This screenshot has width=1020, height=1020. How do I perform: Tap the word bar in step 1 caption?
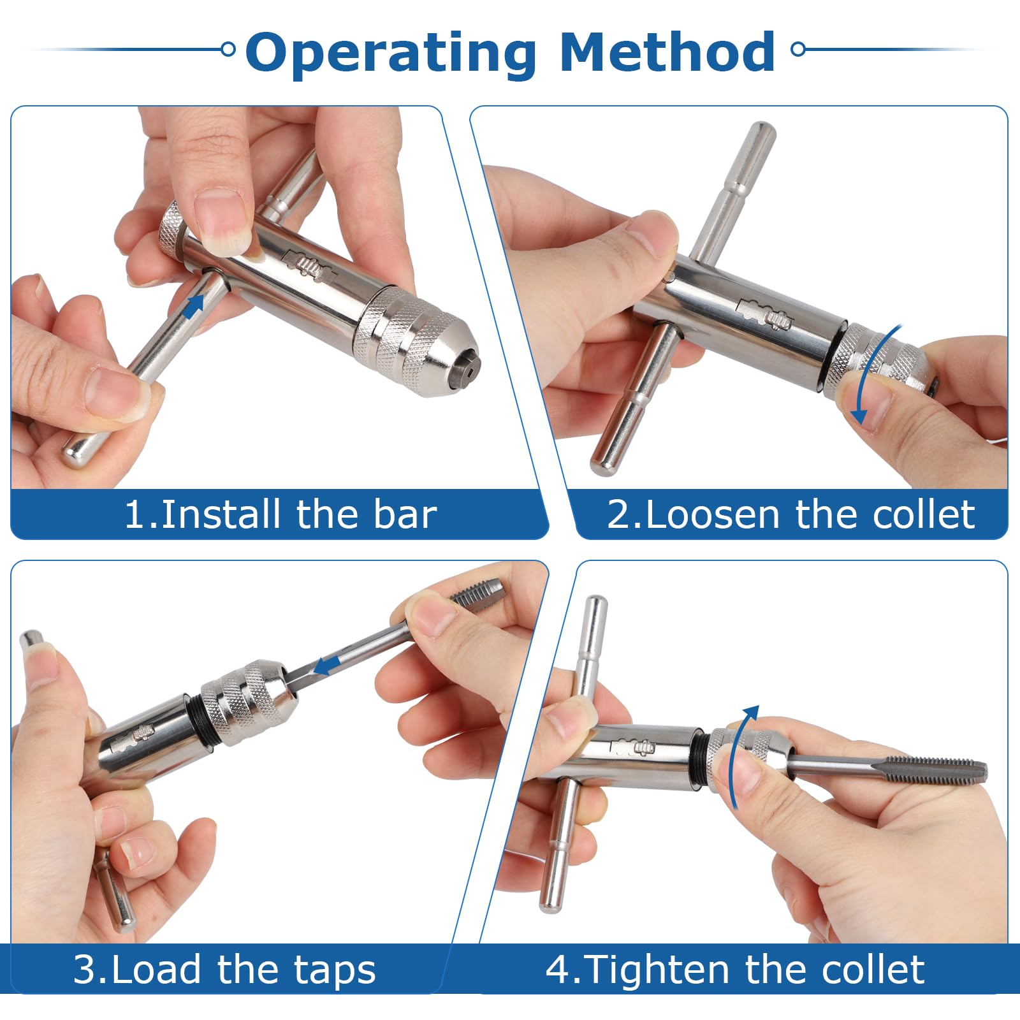point(405,514)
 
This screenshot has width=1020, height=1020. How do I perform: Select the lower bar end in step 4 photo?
point(551,899)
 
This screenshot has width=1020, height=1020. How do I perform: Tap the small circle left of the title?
point(228,49)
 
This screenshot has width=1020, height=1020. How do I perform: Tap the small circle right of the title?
point(798,49)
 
